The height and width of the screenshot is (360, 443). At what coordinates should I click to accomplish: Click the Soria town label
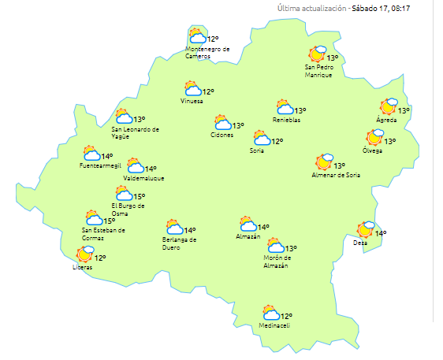(x=257, y=150)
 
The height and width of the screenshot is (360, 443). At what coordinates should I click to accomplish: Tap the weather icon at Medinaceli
(x=271, y=313)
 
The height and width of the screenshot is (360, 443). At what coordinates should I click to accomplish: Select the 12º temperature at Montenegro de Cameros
(x=212, y=39)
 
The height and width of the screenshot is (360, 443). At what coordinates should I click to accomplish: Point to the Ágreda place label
(x=387, y=121)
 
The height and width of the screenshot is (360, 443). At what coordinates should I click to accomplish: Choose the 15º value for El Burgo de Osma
(x=139, y=197)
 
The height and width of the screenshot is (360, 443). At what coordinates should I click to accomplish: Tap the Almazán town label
(x=248, y=236)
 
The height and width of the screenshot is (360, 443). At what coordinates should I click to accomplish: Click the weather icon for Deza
(x=366, y=230)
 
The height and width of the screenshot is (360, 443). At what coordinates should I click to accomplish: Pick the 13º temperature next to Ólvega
(x=389, y=142)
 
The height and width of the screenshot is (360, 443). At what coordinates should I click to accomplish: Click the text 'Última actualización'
(x=311, y=8)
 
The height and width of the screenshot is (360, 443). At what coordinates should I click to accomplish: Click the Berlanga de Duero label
(x=179, y=243)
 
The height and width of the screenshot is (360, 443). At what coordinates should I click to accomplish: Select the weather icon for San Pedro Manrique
(x=318, y=54)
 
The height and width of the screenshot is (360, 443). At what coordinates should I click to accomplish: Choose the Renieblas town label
(x=287, y=120)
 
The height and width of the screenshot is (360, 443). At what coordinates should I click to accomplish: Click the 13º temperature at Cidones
(x=238, y=125)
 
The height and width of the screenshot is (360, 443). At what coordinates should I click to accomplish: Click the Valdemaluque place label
(x=144, y=179)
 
